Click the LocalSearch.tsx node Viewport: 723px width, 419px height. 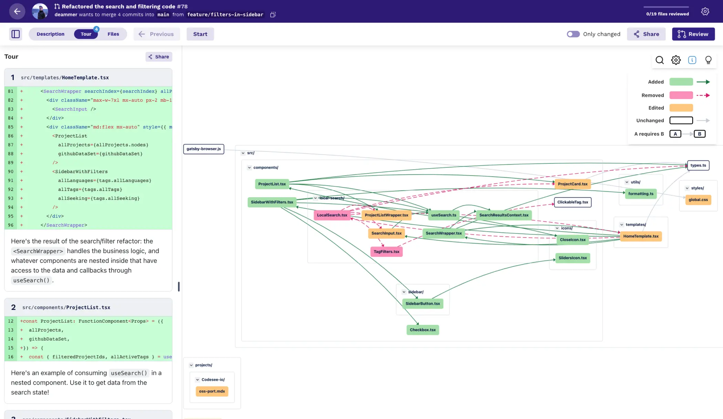click(x=332, y=215)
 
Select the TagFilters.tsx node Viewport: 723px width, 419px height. click(x=386, y=251)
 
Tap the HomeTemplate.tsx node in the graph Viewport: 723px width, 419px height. click(x=641, y=236)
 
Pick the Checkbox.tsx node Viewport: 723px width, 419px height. click(x=422, y=330)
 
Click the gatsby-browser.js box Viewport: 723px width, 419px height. click(x=203, y=149)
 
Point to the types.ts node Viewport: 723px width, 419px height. click(x=698, y=165)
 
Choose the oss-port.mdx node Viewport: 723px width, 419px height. click(x=212, y=391)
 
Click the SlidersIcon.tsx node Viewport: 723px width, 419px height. click(x=573, y=258)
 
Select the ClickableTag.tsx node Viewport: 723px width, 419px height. click(x=573, y=202)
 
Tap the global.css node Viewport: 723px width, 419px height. click(x=698, y=200)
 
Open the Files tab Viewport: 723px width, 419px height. click(x=113, y=34)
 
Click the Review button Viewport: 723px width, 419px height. click(x=693, y=34)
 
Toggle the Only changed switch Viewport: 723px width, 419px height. click(x=573, y=34)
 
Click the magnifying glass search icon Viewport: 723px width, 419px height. click(x=659, y=60)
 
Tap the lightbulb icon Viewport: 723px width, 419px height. click(x=708, y=60)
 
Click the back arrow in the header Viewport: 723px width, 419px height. click(x=17, y=11)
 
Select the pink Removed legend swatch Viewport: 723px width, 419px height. click(x=681, y=95)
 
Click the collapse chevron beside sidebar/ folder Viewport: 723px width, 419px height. click(x=404, y=292)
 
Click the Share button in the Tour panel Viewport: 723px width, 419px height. click(x=159, y=57)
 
